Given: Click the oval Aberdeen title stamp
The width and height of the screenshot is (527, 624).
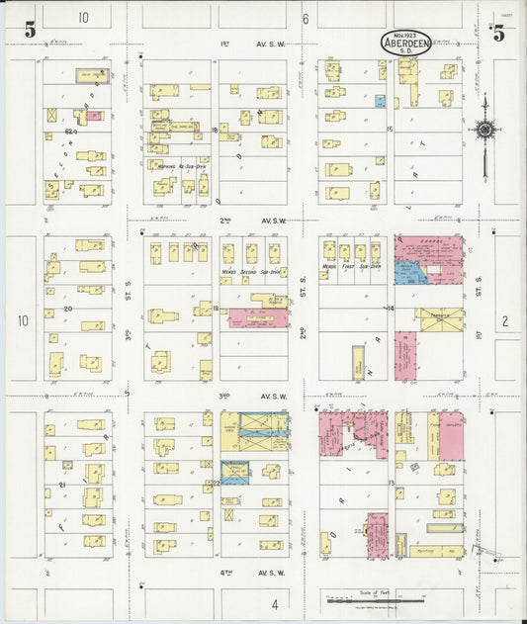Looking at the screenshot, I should pos(405,43).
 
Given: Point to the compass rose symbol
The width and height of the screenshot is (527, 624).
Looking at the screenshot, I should pos(484,129).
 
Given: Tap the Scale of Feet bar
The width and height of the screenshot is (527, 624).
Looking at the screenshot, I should pos(375,598).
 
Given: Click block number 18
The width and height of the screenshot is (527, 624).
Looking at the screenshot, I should pos(214,130).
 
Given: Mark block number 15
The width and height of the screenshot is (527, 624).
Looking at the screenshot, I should pos(390,130).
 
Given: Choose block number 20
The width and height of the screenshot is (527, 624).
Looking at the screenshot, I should pos(67,308).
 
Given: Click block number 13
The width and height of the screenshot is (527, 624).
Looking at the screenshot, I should pos(391,483).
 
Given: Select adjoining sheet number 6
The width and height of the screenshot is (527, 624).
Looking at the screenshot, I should pos(306,18).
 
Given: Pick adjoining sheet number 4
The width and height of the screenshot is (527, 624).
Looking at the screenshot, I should pos(275,603).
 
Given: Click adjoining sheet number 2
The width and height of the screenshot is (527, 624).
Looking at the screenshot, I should pos(503,320).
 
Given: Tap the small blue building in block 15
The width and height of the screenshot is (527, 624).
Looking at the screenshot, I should pos(380,101).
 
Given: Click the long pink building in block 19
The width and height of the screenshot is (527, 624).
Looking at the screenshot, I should pos(258,318).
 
